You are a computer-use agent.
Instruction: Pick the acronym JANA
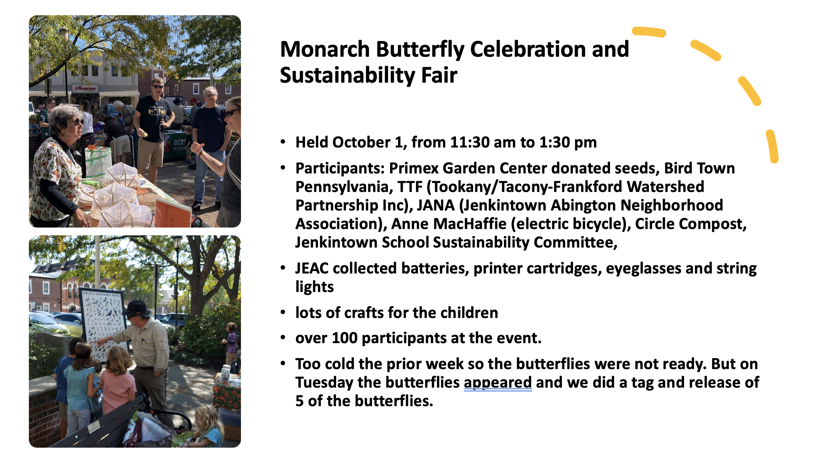(x=436, y=205)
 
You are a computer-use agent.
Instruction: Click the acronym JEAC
(x=312, y=269)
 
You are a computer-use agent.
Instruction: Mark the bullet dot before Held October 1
(x=283, y=142)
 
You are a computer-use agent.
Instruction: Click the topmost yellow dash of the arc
(x=649, y=32)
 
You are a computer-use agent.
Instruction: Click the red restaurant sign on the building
(x=86, y=89)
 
